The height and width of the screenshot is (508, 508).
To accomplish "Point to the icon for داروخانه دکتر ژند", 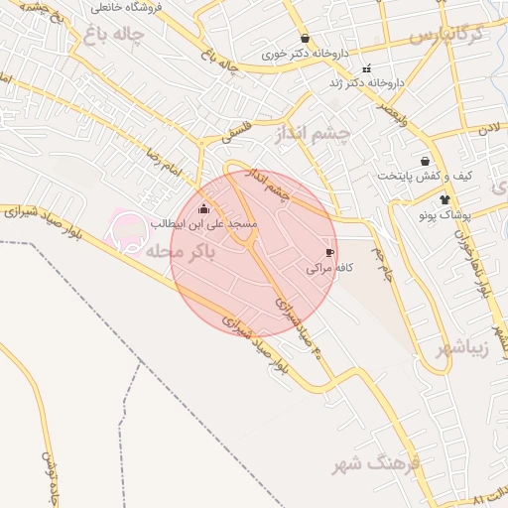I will (367, 69).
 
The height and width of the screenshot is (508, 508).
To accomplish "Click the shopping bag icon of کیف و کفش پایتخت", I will (426, 161).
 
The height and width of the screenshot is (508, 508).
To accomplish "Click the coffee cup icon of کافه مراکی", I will (330, 253).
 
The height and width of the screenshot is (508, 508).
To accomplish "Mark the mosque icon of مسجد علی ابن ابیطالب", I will (203, 208).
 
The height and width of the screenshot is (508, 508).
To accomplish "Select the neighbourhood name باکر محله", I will (194, 254).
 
